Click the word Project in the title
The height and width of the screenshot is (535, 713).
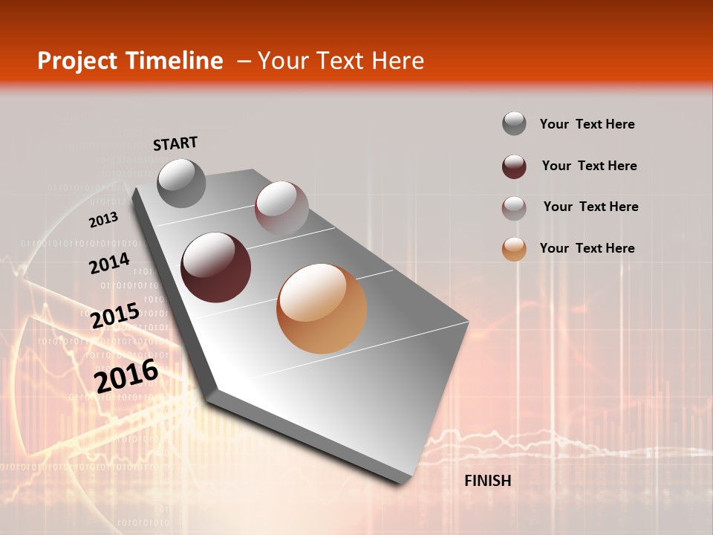click(x=76, y=61)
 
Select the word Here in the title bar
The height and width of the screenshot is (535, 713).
click(x=397, y=61)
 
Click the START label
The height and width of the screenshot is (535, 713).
click(x=175, y=143)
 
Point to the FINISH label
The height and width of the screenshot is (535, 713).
click(x=488, y=481)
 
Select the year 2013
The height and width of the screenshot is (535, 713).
click(x=103, y=220)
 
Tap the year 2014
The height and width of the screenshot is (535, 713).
click(x=110, y=264)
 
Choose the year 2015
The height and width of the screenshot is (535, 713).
click(x=115, y=315)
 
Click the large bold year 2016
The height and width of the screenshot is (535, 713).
click(x=126, y=375)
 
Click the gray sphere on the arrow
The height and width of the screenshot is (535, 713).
click(x=182, y=184)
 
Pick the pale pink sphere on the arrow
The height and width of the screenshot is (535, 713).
click(x=281, y=207)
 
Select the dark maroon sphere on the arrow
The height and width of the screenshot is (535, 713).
click(x=216, y=267)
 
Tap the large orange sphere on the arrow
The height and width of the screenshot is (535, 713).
click(x=322, y=308)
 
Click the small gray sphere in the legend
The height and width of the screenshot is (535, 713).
click(x=514, y=124)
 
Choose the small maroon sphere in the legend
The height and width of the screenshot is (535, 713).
click(x=514, y=166)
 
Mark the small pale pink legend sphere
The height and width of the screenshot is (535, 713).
click(x=514, y=208)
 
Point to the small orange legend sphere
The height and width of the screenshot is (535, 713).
click(x=514, y=249)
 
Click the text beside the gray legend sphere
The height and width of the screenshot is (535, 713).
click(x=587, y=124)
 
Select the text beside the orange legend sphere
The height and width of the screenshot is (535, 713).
click(x=587, y=248)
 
